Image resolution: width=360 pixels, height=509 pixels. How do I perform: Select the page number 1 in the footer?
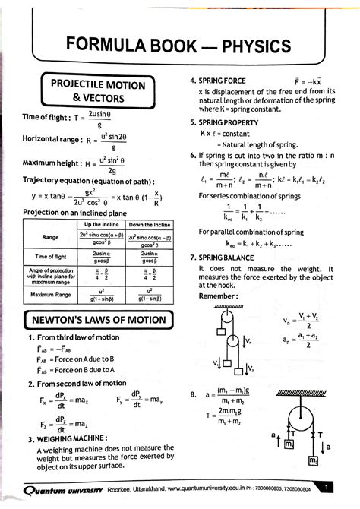[326, 486]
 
